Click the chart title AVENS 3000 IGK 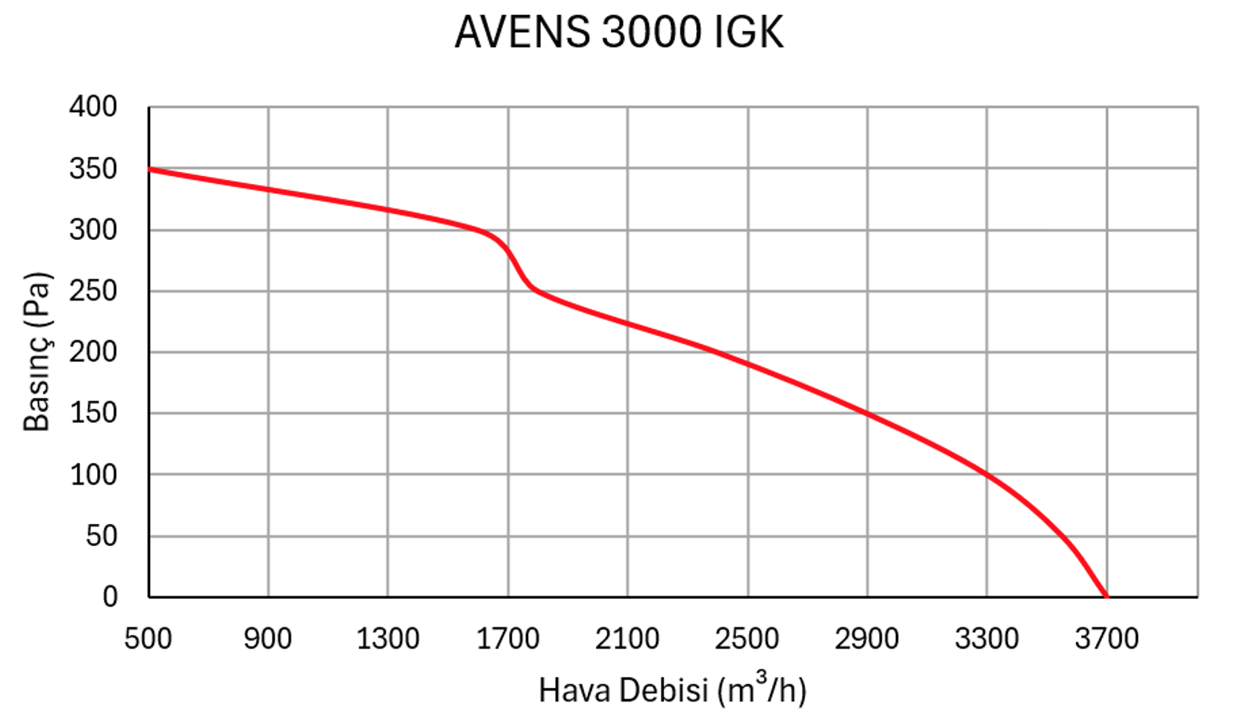pos(620,33)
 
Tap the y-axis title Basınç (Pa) pos(37,352)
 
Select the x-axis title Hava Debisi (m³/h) pos(673,689)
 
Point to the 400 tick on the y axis pos(93,107)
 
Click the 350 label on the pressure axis pos(93,169)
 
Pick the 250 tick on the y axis pos(93,291)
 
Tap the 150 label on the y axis pos(93,413)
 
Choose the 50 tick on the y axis pos(101,537)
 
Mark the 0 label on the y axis pos(110,597)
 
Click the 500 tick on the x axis pos(148,638)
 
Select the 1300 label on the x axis pos(388,638)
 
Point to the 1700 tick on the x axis pos(508,638)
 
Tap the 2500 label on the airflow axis pos(747,638)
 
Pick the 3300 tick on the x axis pos(987,638)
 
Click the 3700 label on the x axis pos(1107,638)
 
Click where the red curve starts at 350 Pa pos(150,169)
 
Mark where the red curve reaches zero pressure pos(1106,596)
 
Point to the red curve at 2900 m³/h pos(867,413)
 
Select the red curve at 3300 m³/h pos(987,474)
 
